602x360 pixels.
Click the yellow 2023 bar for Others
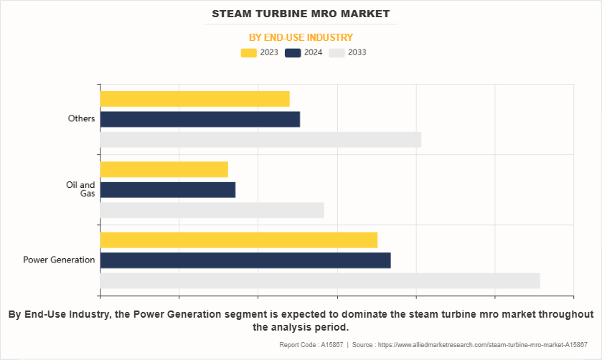pyautogui.click(x=194, y=99)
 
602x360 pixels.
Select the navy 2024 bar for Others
pyautogui.click(x=199, y=119)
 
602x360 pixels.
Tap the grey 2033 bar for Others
pyautogui.click(x=260, y=140)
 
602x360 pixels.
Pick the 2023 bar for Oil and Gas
pyautogui.click(x=164, y=169)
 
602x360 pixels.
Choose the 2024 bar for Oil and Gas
pyautogui.click(x=167, y=189)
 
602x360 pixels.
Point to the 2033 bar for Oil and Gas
pyautogui.click(x=212, y=210)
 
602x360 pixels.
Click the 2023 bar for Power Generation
pyautogui.click(x=238, y=240)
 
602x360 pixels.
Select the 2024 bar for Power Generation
pyautogui.click(x=245, y=260)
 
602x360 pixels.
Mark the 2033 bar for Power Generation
pyautogui.click(x=320, y=280)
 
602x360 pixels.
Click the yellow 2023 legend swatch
pyautogui.click(x=249, y=52)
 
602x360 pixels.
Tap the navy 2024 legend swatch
pyautogui.click(x=293, y=52)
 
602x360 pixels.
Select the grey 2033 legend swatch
pyautogui.click(x=337, y=52)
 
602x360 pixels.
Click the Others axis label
pyautogui.click(x=81, y=118)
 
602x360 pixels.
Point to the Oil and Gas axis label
pyautogui.click(x=80, y=189)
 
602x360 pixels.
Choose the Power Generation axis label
pyautogui.click(x=59, y=260)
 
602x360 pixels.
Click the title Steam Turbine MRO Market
pyautogui.click(x=301, y=14)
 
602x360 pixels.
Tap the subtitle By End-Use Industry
pyautogui.click(x=301, y=37)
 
